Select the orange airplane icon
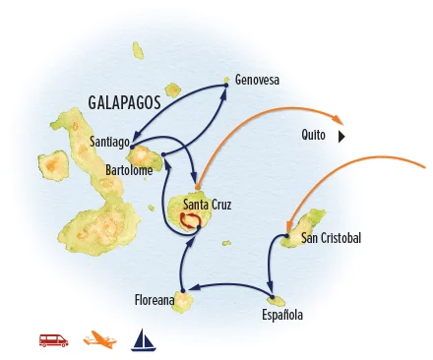(99, 341)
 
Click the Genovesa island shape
(229, 80)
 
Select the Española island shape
(278, 300)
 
